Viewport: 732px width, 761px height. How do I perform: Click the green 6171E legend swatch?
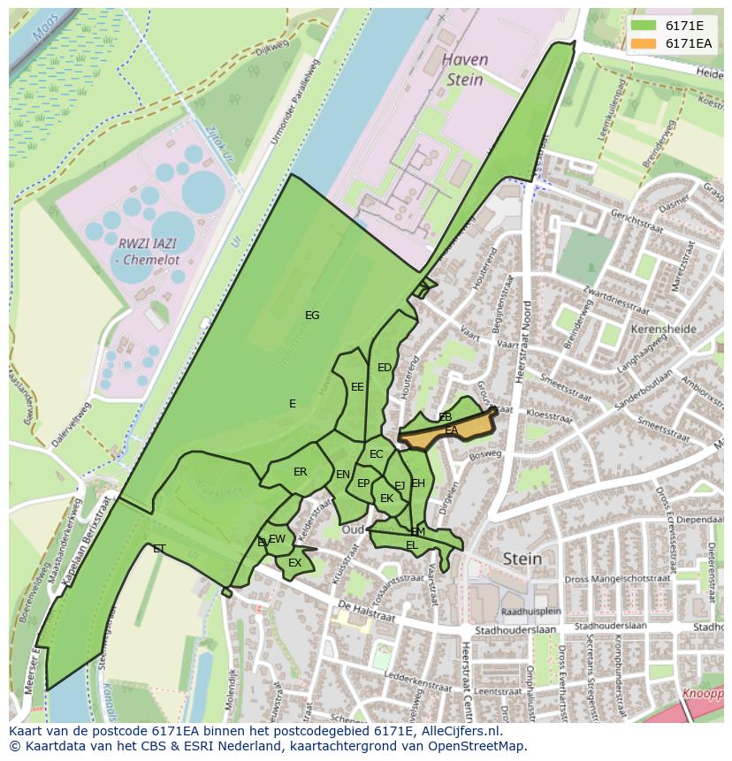click(x=644, y=27)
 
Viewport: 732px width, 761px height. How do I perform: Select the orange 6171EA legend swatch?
click(x=644, y=43)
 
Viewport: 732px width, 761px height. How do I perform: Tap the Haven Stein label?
click(x=464, y=70)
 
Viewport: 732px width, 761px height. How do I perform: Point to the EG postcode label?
click(x=312, y=316)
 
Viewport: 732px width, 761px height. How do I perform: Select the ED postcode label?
click(x=385, y=368)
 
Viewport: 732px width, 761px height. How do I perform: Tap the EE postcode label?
click(x=357, y=387)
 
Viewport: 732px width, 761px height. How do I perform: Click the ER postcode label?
click(x=301, y=472)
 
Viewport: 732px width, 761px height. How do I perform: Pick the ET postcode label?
click(x=159, y=549)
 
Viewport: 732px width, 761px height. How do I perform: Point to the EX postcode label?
click(x=295, y=563)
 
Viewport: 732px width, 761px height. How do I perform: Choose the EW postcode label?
click(x=278, y=539)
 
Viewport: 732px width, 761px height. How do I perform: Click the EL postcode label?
click(x=412, y=546)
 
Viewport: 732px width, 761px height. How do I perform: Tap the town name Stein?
click(x=522, y=559)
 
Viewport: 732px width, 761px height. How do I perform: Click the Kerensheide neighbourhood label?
click(x=664, y=329)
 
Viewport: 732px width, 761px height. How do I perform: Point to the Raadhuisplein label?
click(x=530, y=611)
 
